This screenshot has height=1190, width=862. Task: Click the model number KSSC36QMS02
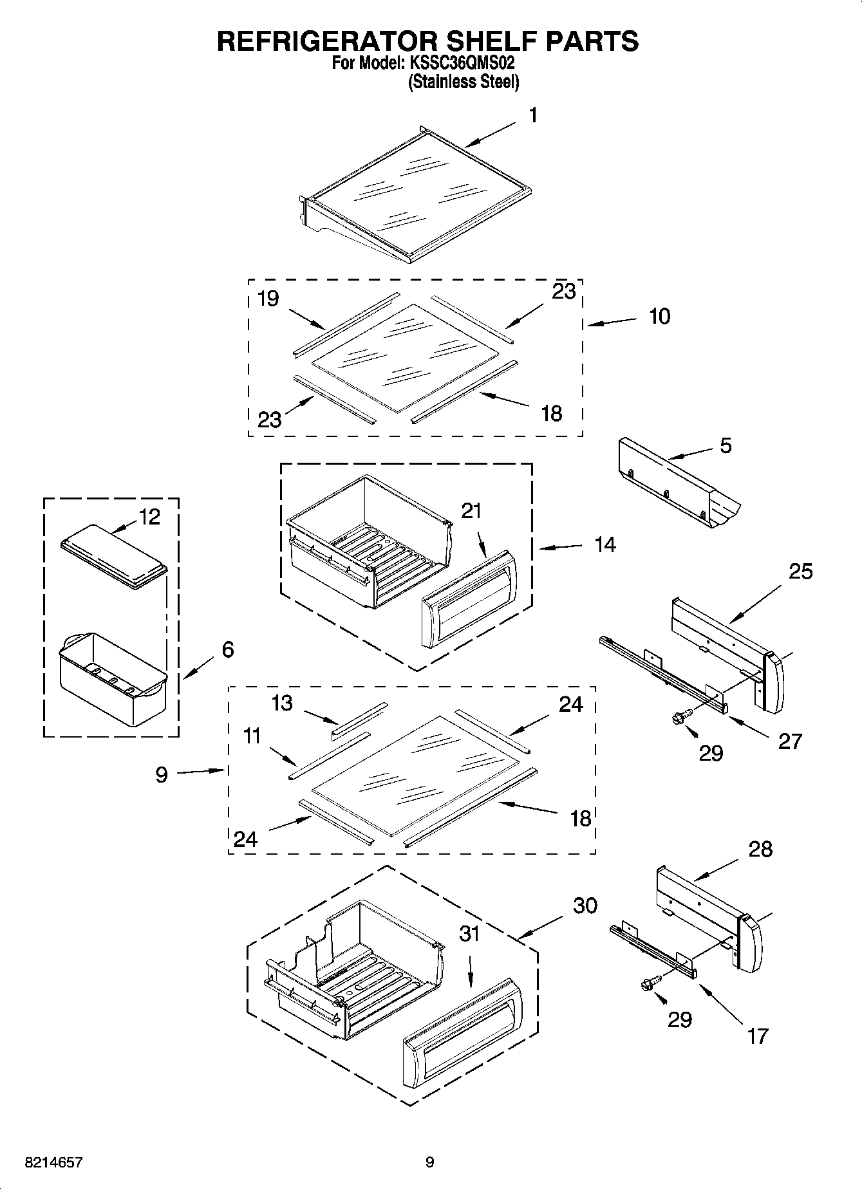462,64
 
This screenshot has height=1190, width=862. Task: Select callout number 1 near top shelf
533,116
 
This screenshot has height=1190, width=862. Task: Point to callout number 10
660,316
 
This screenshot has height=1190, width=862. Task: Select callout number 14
604,545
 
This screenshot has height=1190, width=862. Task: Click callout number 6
228,649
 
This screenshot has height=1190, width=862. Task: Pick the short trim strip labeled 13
359,719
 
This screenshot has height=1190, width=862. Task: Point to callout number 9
162,774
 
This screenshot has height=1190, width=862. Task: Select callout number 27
790,741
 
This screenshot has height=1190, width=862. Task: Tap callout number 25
801,571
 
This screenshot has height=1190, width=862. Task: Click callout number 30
585,906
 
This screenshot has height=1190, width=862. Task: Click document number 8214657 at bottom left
53,1163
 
